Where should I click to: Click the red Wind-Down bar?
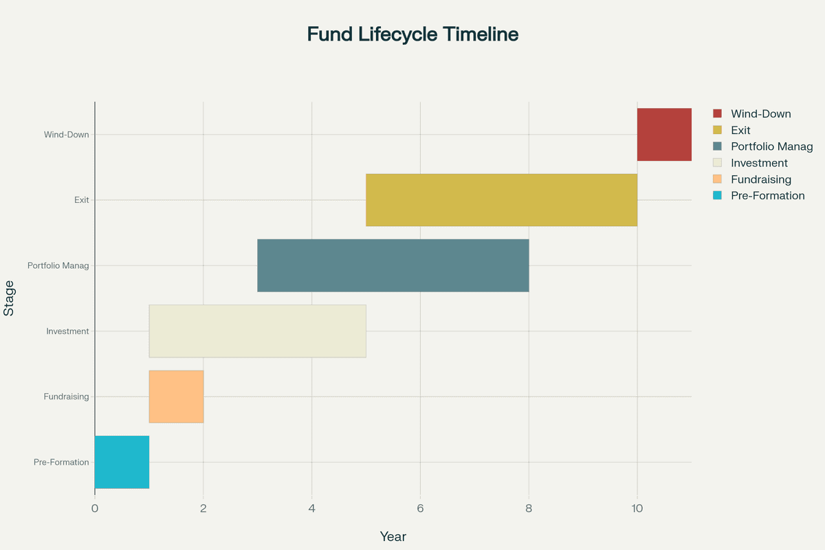click(664, 135)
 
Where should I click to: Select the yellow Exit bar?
click(501, 200)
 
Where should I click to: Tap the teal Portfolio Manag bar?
click(393, 265)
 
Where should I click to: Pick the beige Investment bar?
click(257, 331)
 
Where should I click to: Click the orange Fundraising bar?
click(176, 397)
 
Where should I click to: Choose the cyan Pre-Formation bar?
click(122, 462)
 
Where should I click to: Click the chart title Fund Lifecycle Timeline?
click(412, 34)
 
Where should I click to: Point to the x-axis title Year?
click(393, 537)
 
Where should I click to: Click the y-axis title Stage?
click(9, 298)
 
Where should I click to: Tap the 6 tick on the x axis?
click(420, 509)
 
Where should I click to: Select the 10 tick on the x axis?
click(637, 509)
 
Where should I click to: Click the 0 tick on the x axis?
click(95, 509)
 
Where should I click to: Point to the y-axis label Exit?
click(82, 200)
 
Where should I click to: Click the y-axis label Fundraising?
click(66, 397)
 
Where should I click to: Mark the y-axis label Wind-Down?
click(66, 135)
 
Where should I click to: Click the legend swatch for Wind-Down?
click(718, 113)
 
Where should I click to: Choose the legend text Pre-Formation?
click(768, 195)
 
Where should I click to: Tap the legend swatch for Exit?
click(718, 130)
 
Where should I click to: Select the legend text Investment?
click(759, 163)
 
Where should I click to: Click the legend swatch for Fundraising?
click(718, 179)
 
